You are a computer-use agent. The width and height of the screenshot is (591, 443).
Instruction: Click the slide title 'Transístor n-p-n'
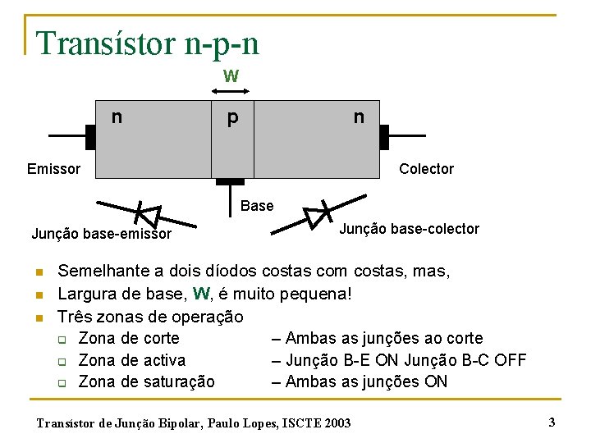pos(148,43)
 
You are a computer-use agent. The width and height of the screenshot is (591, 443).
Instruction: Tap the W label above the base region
pos(231,76)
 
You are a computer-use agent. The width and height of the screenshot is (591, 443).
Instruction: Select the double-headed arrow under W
pos(231,90)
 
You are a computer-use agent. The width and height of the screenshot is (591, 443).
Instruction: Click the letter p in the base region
pos(233,118)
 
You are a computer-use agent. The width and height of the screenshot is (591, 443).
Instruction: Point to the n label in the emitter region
pos(117,116)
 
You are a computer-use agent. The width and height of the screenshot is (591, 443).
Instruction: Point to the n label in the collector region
pos(359,116)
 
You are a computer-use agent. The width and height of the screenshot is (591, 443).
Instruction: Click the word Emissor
pos(53,169)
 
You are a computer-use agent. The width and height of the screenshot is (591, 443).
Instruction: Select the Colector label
pos(426,169)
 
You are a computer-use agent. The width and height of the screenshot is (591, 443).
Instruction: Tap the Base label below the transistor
pos(257,206)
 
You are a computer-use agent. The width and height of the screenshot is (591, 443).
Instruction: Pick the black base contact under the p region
pos(231,181)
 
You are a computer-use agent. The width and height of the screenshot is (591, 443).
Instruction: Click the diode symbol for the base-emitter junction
pos(146,214)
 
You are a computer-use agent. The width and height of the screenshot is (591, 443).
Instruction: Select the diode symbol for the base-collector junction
pos(317,215)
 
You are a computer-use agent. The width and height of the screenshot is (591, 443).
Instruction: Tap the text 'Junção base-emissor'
pos(102,234)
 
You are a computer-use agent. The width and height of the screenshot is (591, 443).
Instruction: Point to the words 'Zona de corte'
pos(129,338)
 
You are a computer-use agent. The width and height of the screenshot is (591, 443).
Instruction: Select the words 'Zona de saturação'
pos(146,381)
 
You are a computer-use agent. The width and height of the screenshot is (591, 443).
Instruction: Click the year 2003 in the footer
pos(336,423)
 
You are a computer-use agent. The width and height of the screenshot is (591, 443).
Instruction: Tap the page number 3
pos(552,422)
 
